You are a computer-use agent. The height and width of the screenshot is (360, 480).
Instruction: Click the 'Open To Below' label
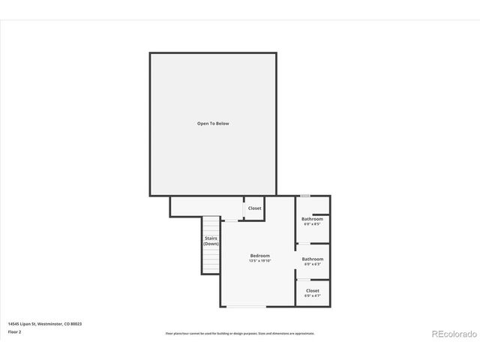[x=213, y=123]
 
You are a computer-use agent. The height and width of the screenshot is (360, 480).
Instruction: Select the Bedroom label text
[x=260, y=256]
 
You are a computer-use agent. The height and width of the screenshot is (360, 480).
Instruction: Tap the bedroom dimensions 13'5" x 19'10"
[x=260, y=261]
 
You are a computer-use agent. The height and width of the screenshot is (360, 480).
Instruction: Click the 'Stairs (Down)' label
[x=211, y=241]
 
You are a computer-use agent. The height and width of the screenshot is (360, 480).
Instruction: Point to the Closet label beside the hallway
[x=254, y=208]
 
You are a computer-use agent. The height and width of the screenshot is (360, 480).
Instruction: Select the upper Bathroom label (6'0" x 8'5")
[x=313, y=219]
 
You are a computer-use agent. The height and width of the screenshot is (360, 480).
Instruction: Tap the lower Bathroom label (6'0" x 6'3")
[x=313, y=259]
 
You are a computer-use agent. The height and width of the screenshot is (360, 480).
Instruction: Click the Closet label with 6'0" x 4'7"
[x=313, y=290]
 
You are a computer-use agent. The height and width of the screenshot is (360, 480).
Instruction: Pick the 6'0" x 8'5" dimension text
[x=313, y=224]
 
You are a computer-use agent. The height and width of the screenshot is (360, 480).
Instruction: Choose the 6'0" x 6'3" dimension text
[x=313, y=264]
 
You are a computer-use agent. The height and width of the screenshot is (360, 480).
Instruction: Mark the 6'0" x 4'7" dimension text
[x=313, y=295]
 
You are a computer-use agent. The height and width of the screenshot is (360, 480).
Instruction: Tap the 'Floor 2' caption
[x=14, y=331]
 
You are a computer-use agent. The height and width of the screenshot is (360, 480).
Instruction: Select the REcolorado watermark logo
[x=453, y=334]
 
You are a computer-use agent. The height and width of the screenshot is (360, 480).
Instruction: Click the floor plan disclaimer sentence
[x=240, y=333]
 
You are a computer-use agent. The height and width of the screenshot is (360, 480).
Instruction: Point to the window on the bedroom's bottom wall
[x=246, y=307]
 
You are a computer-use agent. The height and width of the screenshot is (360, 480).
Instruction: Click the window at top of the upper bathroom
[x=305, y=196]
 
